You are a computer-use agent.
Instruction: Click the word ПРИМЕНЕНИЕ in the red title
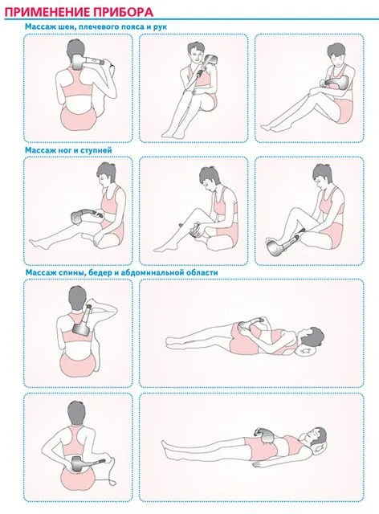click(x=47, y=12)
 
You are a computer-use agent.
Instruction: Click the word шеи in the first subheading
click(x=60, y=27)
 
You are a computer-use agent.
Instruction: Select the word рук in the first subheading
click(x=160, y=27)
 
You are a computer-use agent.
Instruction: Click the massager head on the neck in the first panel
click(x=78, y=63)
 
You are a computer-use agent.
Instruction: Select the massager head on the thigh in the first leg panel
click(x=78, y=217)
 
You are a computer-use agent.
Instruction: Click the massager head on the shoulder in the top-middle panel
click(x=210, y=62)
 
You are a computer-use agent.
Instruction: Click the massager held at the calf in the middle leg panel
click(x=198, y=228)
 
